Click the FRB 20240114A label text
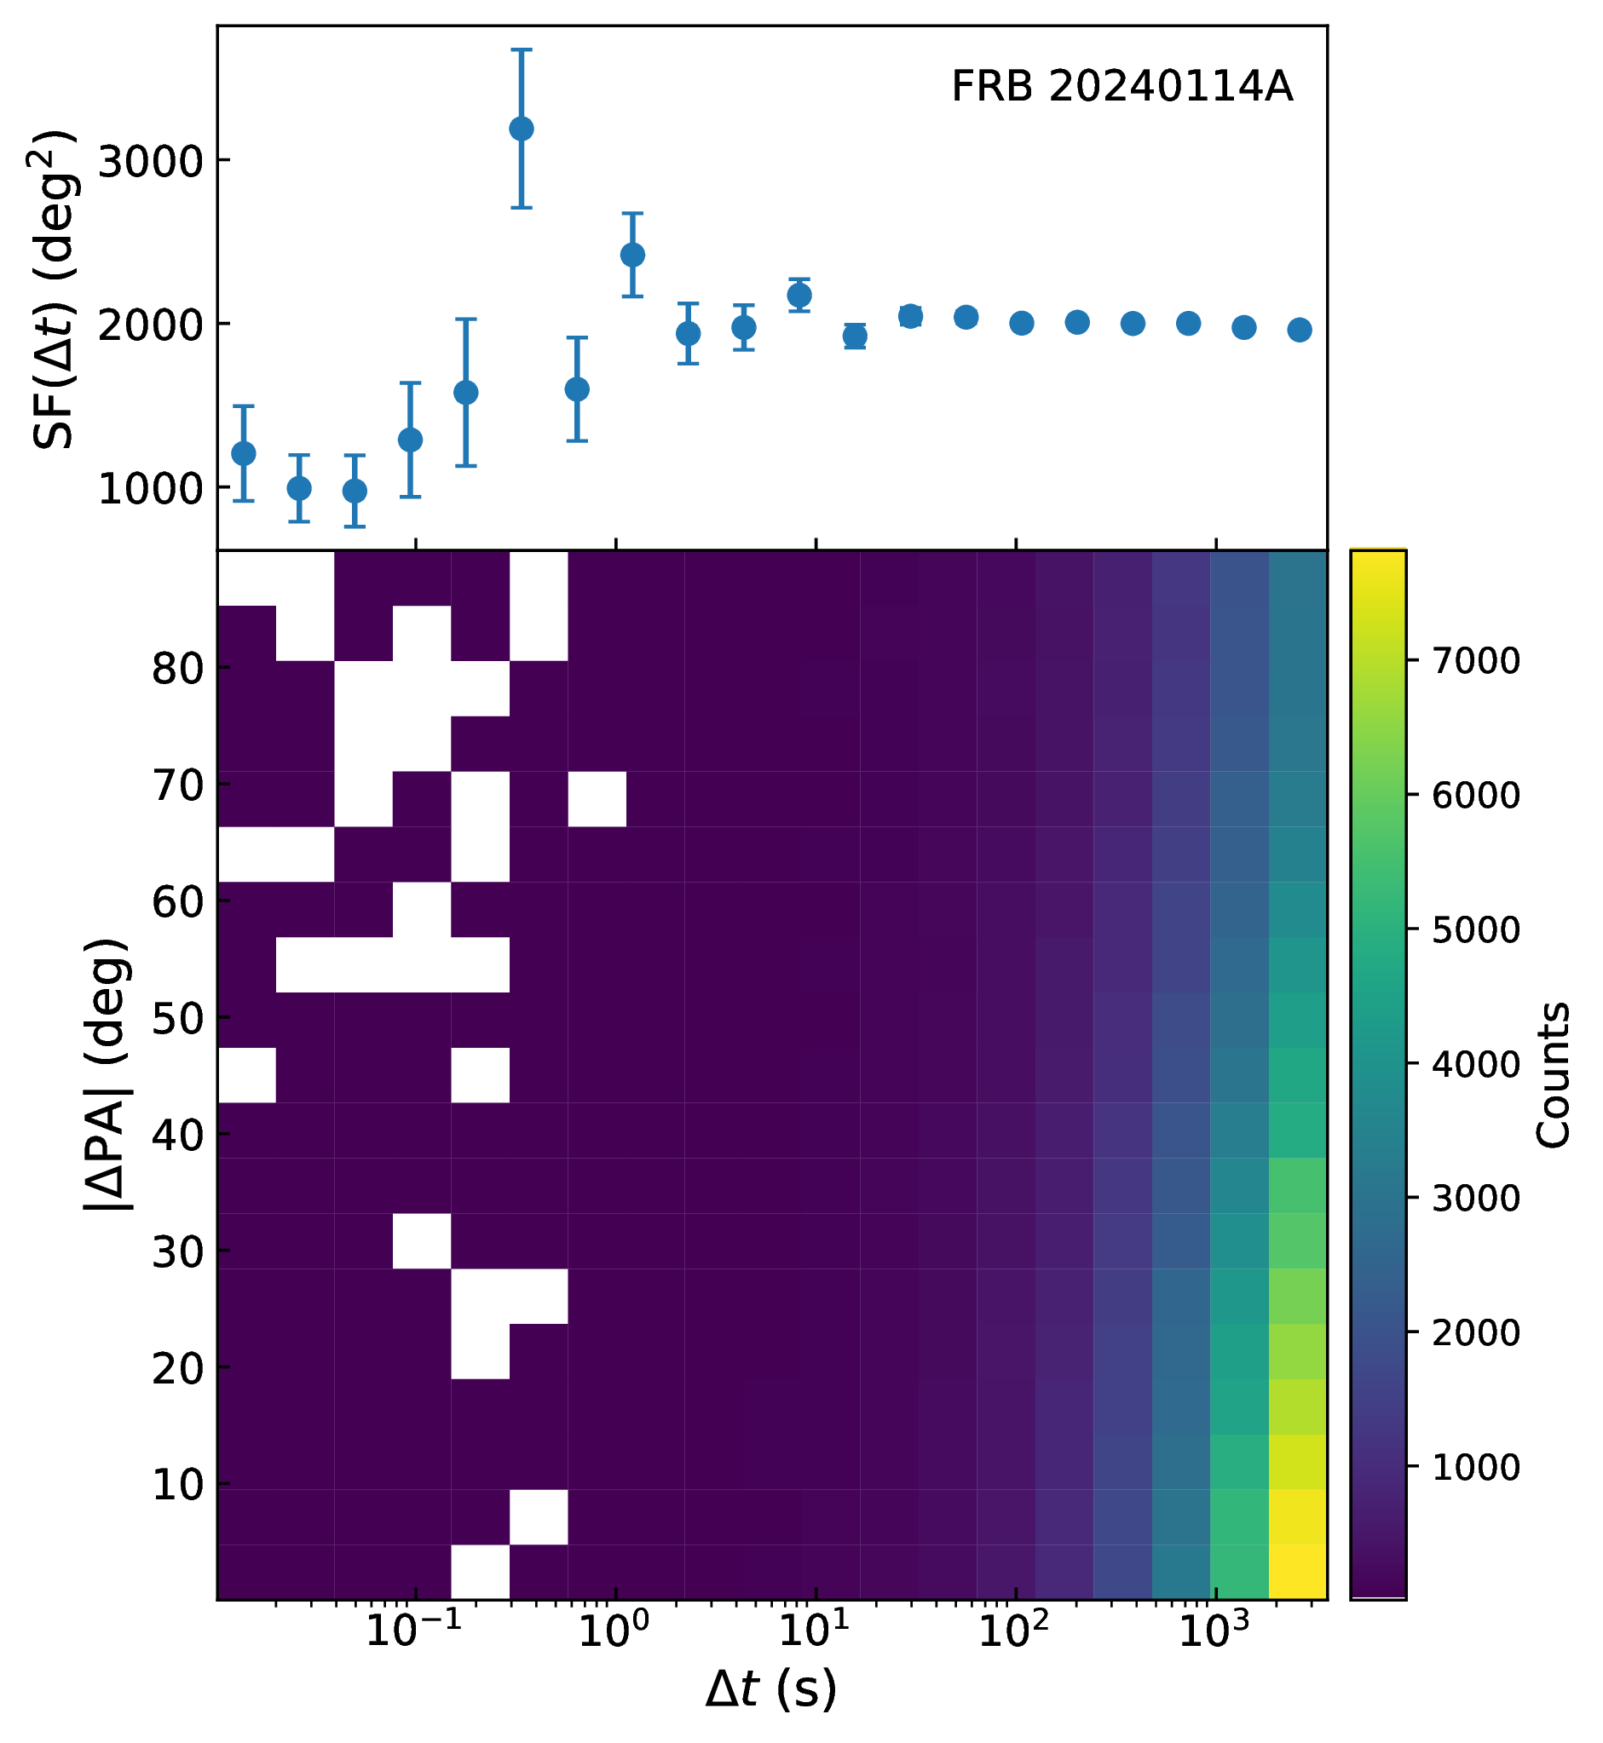click(x=1122, y=87)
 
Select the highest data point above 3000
click(x=522, y=129)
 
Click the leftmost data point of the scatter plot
click(x=244, y=453)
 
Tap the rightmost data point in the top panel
click(x=1300, y=330)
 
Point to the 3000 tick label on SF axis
click(x=151, y=161)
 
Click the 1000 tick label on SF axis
click(x=151, y=490)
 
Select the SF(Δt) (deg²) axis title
click(x=54, y=289)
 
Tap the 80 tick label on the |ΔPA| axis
click(x=178, y=669)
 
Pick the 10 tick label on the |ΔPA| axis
click(x=178, y=1486)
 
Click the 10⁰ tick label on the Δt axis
click(x=615, y=1631)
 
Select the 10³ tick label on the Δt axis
click(x=1215, y=1631)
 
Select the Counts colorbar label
click(x=1553, y=1075)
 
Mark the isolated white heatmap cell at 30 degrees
click(x=423, y=1241)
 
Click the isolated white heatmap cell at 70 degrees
click(x=597, y=798)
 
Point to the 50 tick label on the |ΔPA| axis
click(x=178, y=1019)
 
